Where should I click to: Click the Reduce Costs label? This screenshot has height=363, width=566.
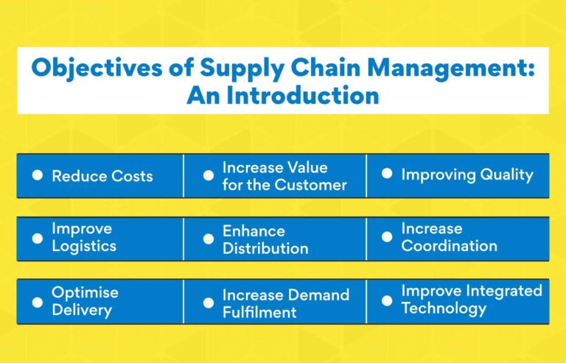(102, 176)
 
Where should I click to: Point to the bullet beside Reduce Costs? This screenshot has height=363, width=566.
(38, 175)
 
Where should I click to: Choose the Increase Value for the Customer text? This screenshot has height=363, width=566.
(284, 176)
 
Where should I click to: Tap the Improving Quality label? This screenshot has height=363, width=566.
(467, 175)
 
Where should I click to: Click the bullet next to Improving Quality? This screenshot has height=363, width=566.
(387, 175)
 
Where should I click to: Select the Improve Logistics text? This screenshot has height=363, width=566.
(83, 238)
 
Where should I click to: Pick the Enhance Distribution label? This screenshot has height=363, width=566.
(265, 239)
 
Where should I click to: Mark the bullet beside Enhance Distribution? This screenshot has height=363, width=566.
(209, 239)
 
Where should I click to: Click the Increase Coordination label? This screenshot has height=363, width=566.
(449, 237)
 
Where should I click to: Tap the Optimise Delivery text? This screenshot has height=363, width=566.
(85, 301)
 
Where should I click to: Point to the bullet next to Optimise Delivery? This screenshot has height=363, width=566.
(38, 302)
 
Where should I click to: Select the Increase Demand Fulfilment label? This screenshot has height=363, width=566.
(285, 303)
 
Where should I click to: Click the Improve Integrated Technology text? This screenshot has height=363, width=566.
(471, 299)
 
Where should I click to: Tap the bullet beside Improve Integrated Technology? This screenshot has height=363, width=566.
(387, 300)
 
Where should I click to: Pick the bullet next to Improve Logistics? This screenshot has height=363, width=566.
(38, 239)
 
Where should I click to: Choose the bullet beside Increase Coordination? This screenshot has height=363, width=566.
(387, 237)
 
